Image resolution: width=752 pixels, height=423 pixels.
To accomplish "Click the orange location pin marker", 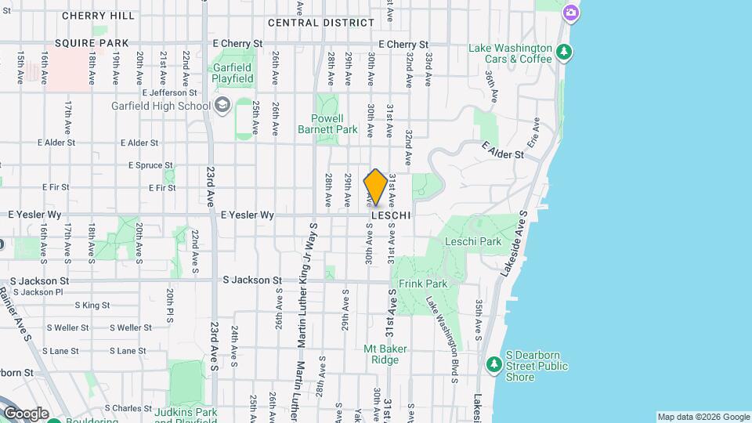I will [x=375, y=187].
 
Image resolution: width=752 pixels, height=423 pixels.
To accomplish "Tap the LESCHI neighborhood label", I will [x=391, y=214].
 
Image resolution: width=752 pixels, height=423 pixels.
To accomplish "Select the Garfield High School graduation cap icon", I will [x=222, y=105].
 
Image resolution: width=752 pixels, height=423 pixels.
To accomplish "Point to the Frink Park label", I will [x=422, y=284].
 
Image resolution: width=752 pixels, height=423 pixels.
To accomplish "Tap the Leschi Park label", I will [x=472, y=241].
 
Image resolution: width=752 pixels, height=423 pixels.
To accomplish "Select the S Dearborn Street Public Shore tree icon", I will [x=494, y=364].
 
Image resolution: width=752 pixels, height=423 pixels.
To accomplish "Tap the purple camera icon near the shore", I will [x=571, y=12].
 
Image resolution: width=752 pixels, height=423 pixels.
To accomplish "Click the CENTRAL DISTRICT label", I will [x=321, y=23].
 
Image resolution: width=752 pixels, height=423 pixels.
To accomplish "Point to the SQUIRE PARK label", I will [x=85, y=44].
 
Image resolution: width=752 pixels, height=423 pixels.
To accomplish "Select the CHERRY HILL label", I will [x=97, y=15].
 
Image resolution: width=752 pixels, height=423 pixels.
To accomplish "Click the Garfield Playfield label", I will [x=233, y=73].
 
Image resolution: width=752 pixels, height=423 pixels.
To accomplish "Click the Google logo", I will [x=25, y=413].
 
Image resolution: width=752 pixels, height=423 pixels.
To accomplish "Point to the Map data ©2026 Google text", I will [x=703, y=417].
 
